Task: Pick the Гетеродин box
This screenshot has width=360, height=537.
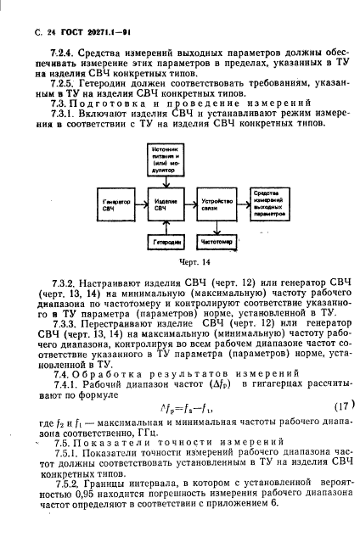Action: [x=166, y=243]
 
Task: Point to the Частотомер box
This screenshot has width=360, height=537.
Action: [x=218, y=243]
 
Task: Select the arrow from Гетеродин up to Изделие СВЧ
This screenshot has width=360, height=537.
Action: [x=166, y=227]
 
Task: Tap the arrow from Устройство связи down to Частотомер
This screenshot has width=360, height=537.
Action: [x=218, y=227]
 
